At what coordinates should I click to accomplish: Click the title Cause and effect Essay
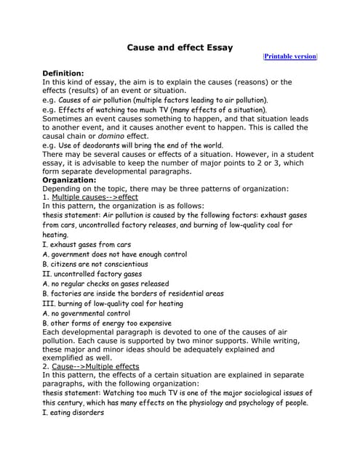click(x=180, y=47)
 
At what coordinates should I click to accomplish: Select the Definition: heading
click(x=63, y=73)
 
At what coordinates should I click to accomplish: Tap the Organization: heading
click(x=70, y=179)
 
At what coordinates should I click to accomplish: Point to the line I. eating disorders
click(x=73, y=413)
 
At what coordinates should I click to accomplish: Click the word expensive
click(x=151, y=323)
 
